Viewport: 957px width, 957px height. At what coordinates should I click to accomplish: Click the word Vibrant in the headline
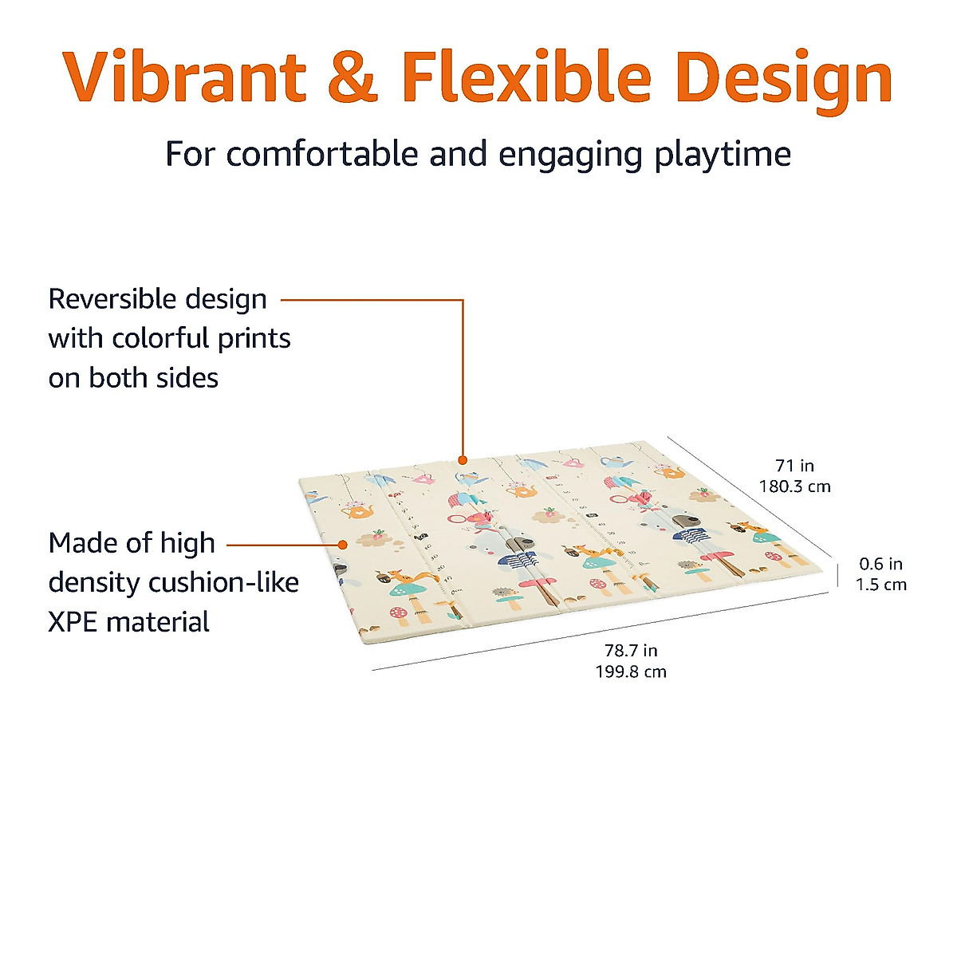pyautogui.click(x=184, y=77)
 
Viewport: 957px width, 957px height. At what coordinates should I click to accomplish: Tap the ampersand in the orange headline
pyautogui.click(x=352, y=77)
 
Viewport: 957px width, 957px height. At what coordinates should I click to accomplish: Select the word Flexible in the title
pyautogui.click(x=526, y=77)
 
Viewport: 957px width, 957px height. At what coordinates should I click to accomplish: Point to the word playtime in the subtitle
pyautogui.click(x=723, y=154)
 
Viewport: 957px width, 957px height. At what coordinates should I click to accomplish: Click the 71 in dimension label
pyautogui.click(x=794, y=466)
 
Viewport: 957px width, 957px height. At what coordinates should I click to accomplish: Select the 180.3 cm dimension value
pyautogui.click(x=794, y=486)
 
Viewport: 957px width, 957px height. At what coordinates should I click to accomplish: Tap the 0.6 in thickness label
pyautogui.click(x=880, y=564)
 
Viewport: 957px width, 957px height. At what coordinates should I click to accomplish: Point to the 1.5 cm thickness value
pyautogui.click(x=880, y=585)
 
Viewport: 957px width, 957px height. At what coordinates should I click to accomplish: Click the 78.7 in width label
pyautogui.click(x=631, y=651)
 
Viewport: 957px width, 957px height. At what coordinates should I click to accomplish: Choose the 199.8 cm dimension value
pyautogui.click(x=631, y=671)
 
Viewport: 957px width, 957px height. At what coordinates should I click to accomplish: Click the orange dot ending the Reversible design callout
pyautogui.click(x=463, y=460)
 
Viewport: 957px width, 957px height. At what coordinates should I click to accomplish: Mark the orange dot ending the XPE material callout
pyautogui.click(x=342, y=545)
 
